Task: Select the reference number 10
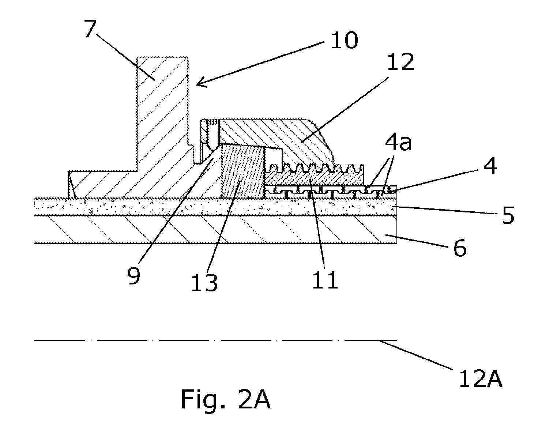click(344, 41)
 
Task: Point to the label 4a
click(398, 143)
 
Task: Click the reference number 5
click(508, 215)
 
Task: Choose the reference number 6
click(460, 248)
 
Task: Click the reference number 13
click(204, 283)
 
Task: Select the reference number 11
click(325, 280)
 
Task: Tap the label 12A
click(481, 379)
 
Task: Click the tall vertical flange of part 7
click(162, 113)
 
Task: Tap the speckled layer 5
click(215, 207)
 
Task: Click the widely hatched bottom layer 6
click(215, 230)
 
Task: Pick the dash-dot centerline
click(215, 340)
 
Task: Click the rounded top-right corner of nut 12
click(311, 123)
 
